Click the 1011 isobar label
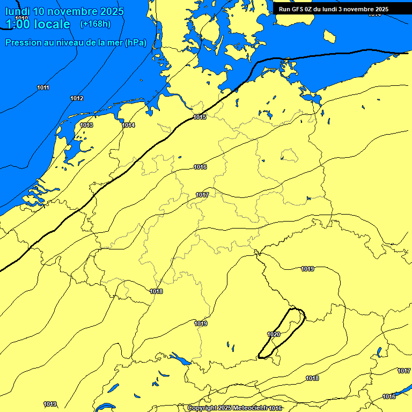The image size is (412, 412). point(43,87)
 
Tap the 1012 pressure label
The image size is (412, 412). point(77,98)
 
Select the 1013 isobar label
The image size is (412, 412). point(86,125)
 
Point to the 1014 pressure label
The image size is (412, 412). point(128,125)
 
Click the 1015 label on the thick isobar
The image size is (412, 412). point(200,117)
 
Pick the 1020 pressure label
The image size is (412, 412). point(274,334)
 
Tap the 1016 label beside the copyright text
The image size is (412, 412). point(276,408)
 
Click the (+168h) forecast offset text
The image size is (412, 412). point(96,24)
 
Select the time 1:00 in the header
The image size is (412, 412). point(18,24)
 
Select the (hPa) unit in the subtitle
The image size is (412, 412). point(135,42)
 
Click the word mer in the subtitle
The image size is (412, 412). point(114,42)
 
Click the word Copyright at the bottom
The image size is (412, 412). point(202,408)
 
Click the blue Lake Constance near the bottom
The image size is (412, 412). point(179,358)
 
